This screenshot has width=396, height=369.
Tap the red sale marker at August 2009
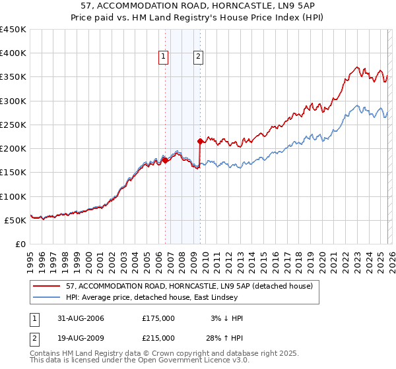coord(200,141)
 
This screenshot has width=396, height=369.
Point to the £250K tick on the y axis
coord(13,125)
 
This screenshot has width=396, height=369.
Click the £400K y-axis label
coord(13,53)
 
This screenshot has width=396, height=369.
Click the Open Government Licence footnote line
coord(131,361)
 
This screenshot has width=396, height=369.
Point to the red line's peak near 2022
coord(356,67)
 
